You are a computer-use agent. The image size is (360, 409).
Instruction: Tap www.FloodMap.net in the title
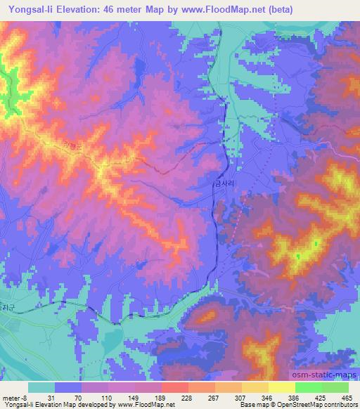pyautogui.click(x=212, y=9)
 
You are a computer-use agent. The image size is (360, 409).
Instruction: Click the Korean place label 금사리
pyautogui.click(x=226, y=181)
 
